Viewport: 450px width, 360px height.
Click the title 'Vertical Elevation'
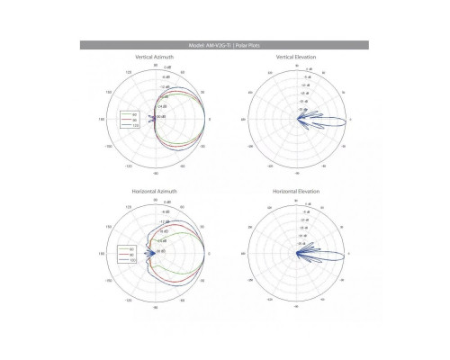[x=296, y=57]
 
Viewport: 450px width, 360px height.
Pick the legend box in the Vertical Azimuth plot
[x=129, y=120]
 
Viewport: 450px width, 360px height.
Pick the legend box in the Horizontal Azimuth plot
[x=128, y=254]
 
